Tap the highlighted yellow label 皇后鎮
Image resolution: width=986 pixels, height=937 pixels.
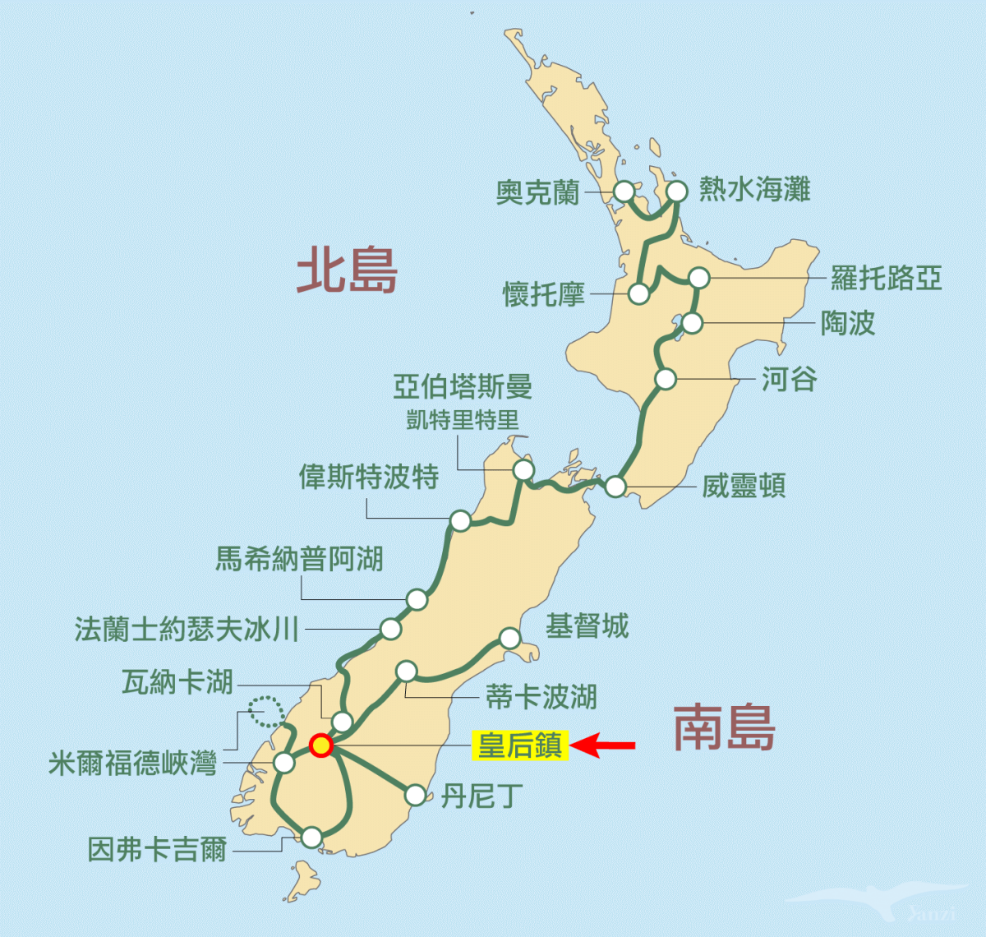coord(520,745)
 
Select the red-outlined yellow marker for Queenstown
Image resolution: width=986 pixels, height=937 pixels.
coord(320,745)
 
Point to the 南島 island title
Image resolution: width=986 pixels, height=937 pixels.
coord(724,728)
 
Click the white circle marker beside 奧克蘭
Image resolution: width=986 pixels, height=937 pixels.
coord(624,192)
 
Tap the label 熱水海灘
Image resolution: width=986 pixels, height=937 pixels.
coord(754,190)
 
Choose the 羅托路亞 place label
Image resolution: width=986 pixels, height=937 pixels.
coord(886,278)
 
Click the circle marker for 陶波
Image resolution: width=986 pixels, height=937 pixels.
coord(693,323)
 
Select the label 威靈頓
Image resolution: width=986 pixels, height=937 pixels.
coord(744,486)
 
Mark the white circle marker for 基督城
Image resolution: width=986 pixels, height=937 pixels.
coord(510,638)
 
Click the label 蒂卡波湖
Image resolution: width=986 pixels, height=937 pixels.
coord(541,697)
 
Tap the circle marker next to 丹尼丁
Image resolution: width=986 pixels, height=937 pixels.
coord(416,795)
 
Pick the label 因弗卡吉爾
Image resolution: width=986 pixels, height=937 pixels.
coord(157,849)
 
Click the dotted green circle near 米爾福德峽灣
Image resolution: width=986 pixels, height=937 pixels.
coord(265,711)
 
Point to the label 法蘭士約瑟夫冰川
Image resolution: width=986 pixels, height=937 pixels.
coord(187,630)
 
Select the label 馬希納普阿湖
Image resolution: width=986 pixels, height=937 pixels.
coord(300,559)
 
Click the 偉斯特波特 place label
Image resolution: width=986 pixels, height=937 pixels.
coord(369,477)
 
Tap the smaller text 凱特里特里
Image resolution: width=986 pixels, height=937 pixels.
coord(463,420)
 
